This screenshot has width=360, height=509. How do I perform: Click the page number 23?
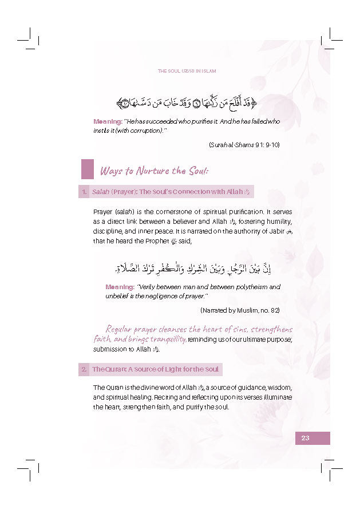click(305, 438)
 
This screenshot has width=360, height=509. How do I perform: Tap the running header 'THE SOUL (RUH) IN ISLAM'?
click(187, 71)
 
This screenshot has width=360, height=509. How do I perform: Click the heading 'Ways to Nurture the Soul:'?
click(155, 171)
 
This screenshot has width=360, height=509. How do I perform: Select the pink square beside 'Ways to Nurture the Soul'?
click(87, 169)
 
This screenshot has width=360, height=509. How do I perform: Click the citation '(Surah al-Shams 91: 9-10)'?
click(244, 145)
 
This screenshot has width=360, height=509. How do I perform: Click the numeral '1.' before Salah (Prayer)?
click(84, 192)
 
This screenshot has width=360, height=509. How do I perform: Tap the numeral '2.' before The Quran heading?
click(84, 369)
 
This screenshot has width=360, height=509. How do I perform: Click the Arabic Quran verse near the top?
click(187, 104)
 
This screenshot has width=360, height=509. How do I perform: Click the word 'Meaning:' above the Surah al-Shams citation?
click(107, 121)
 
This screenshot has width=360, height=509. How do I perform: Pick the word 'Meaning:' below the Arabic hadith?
click(120, 287)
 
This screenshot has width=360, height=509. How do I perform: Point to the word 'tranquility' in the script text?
click(166, 339)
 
